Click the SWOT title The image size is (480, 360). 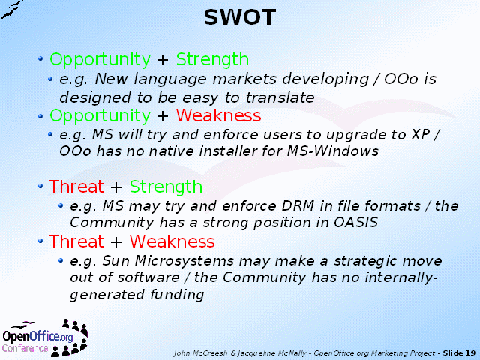tap(240, 17)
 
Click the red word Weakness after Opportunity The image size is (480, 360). tap(218, 115)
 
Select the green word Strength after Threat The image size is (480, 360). tap(166, 187)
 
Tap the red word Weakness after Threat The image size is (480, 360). tap(172, 241)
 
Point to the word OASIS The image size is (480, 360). tap(355, 223)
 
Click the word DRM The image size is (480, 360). tap(298, 205)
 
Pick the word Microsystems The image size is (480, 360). tap(184, 261)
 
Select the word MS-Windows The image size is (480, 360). tap(333, 151)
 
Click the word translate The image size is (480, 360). tap(280, 97)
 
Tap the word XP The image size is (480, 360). tap(421, 135)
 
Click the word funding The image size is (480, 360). tap(177, 295)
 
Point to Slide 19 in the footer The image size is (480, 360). tap(459, 352)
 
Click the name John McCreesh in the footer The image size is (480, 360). tap(200, 353)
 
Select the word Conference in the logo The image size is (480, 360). tap(25, 348)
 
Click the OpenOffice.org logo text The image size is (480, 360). tap(37, 336)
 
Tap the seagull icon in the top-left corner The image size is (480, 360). tap(12, 10)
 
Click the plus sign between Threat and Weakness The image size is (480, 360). tap(116, 241)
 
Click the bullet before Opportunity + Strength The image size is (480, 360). tap(40, 58)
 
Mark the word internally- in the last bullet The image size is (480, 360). tap(401, 277)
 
